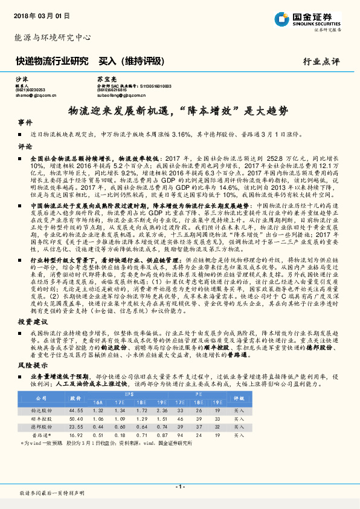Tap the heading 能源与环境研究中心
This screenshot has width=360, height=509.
click(x=53, y=37)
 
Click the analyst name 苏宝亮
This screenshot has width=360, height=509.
click(x=105, y=80)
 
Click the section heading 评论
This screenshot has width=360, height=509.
click(x=25, y=146)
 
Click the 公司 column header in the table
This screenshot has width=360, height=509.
click(x=42, y=399)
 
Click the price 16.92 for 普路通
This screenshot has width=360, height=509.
click(x=76, y=434)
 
